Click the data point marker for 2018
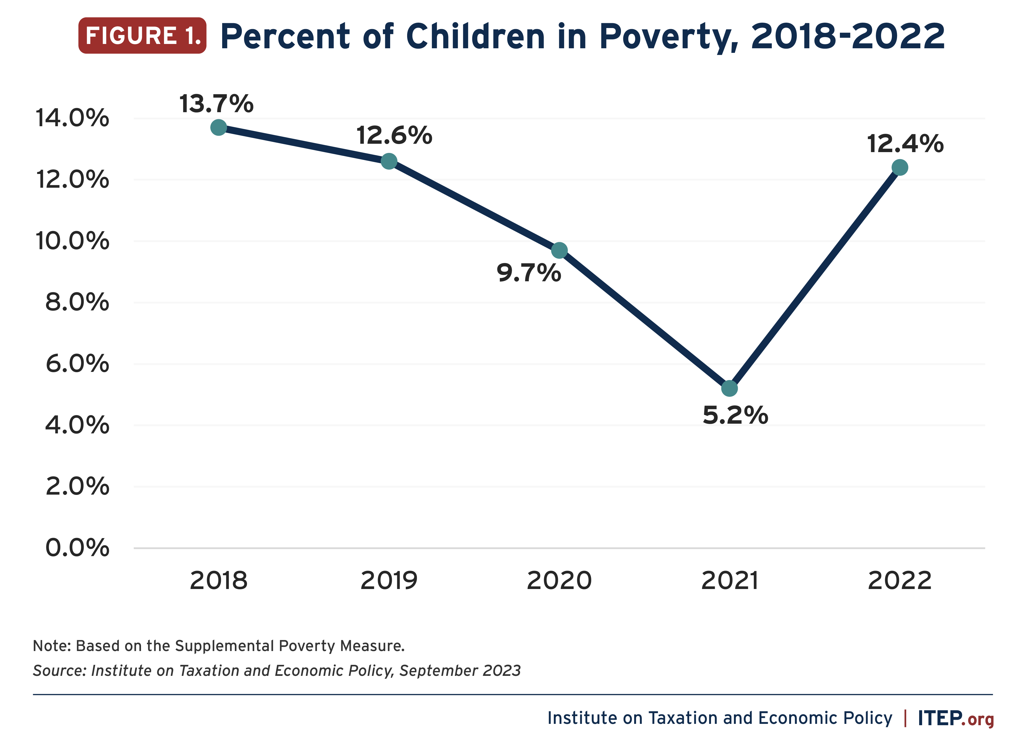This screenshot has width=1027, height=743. [219, 128]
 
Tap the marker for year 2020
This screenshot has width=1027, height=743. [560, 250]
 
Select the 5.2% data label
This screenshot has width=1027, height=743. [735, 415]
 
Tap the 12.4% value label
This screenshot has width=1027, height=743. [905, 144]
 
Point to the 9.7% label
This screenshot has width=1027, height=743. [529, 273]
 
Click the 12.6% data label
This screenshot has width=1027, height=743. [394, 135]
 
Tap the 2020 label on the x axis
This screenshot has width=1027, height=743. [559, 581]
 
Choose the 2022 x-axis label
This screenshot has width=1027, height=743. [900, 581]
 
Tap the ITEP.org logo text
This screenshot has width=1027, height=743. [956, 718]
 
